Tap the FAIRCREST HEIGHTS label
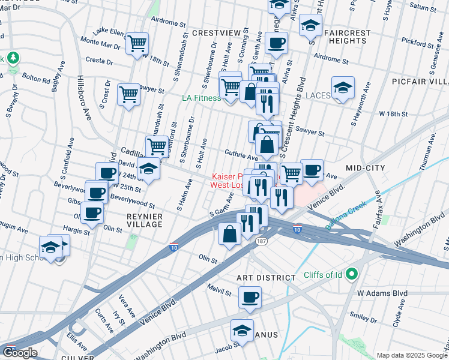point(347,37)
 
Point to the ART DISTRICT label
point(266,278)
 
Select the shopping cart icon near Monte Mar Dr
point(137,44)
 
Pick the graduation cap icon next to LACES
point(343,88)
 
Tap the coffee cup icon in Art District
point(250,296)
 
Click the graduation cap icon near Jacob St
point(242,331)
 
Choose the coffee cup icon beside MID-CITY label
point(312,170)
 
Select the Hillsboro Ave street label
point(84,97)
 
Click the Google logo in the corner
point(20,353)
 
